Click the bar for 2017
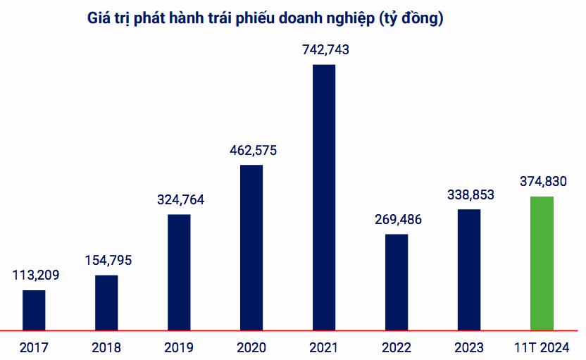tap(34, 309)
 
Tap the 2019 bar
tap(179, 271)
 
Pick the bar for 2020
tap(251, 247)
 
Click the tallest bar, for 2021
tap(324, 197)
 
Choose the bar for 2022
tap(397, 281)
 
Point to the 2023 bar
tap(469, 269)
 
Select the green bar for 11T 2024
tap(542, 262)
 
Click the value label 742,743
tap(324, 50)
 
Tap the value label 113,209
tap(36, 275)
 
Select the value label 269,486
tap(398, 219)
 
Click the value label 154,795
tap(108, 260)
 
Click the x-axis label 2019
tap(179, 348)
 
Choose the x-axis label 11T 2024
tap(542, 348)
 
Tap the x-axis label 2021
tap(324, 348)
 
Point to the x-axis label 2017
tap(34, 348)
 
